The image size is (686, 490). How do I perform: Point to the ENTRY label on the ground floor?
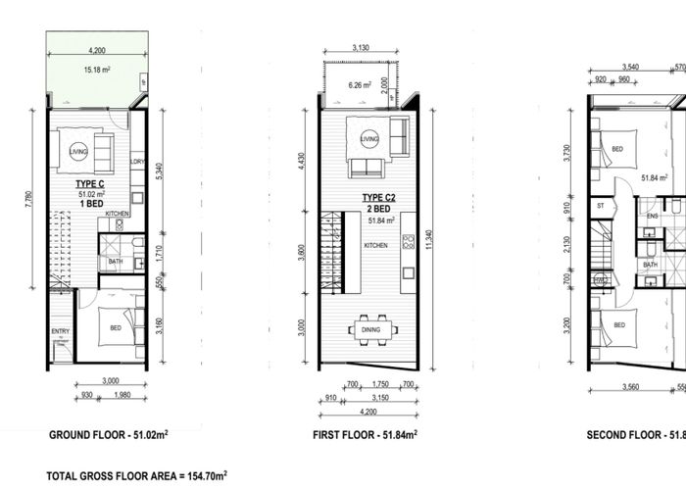[x=61, y=332]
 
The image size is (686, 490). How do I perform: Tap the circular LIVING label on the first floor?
[x=369, y=139]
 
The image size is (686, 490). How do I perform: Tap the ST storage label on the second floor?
[x=600, y=207]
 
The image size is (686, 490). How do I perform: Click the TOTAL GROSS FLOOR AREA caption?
[x=137, y=475]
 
